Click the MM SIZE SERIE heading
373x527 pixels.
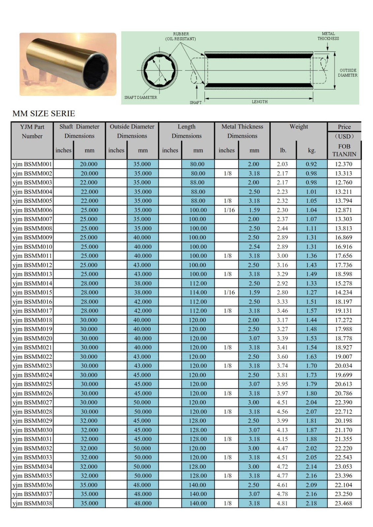point(44,114)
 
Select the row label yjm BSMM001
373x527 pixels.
point(32,164)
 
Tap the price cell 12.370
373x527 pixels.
point(344,164)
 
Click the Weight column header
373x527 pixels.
point(298,127)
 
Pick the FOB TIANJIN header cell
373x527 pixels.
point(344,150)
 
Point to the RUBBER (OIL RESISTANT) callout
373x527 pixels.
point(181,36)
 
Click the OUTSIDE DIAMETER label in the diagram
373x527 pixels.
point(348,73)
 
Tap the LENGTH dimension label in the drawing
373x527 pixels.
point(260,102)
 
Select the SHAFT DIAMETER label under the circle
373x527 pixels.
point(140,97)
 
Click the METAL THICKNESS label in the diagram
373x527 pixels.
point(328,36)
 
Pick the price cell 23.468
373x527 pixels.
point(344,503)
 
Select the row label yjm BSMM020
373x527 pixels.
point(32,338)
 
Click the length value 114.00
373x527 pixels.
point(198,292)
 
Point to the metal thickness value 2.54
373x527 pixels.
point(254,247)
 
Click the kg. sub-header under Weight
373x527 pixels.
point(311,151)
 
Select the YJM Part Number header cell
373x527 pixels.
point(32,131)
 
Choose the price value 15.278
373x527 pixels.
point(344,283)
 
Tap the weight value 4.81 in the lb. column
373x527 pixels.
point(282,503)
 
